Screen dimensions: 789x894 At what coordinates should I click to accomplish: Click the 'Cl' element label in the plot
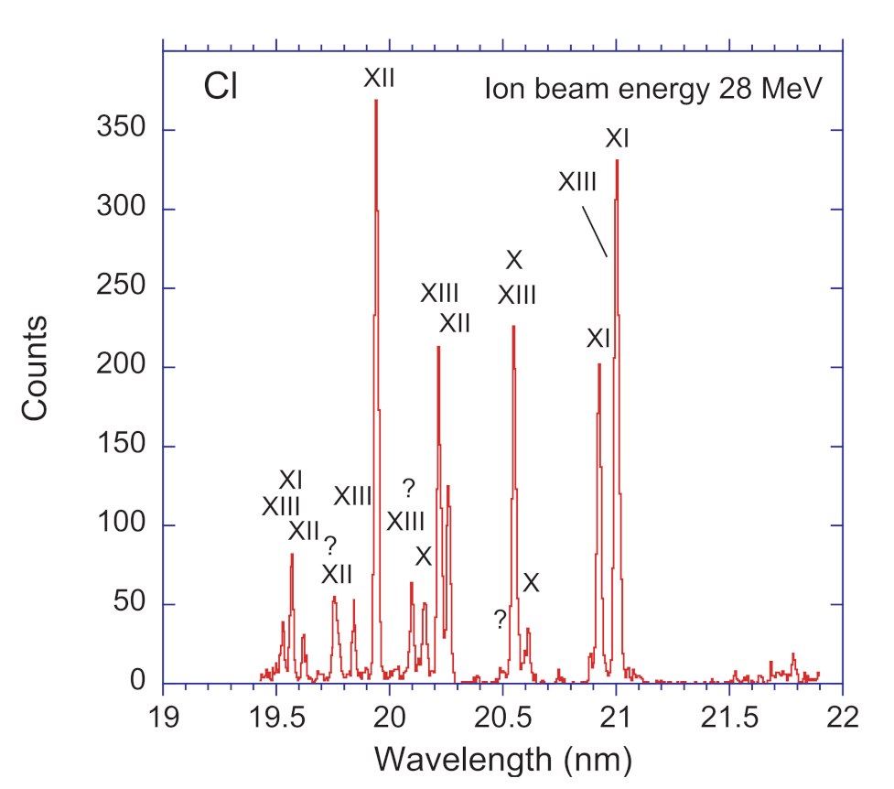click(x=220, y=90)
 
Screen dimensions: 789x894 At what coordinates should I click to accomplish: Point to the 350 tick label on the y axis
click(x=124, y=130)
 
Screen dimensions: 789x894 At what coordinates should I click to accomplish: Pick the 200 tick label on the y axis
click(x=124, y=367)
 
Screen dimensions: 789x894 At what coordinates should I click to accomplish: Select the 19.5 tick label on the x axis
click(x=276, y=714)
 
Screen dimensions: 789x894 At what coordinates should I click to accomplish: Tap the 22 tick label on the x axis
click(x=841, y=714)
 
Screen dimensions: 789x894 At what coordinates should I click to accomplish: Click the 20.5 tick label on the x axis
click(x=502, y=714)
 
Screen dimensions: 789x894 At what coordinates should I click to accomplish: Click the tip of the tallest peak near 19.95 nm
click(x=376, y=101)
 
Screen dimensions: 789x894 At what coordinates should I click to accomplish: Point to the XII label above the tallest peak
click(x=379, y=79)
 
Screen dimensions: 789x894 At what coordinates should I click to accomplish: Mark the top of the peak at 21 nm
click(x=617, y=161)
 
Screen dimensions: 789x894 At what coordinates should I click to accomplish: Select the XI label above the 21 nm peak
click(x=618, y=139)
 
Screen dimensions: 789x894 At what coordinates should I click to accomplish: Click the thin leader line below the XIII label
click(x=595, y=230)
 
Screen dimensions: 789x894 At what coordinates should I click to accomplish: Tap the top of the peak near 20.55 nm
click(x=513, y=327)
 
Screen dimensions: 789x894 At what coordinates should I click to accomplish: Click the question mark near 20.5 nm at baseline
click(x=500, y=620)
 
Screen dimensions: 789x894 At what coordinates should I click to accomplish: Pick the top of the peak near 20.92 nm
click(x=599, y=364)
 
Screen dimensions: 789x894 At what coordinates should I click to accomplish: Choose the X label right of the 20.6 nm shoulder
click(x=531, y=583)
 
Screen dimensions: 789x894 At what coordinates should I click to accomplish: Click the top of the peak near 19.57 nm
click(x=292, y=555)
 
